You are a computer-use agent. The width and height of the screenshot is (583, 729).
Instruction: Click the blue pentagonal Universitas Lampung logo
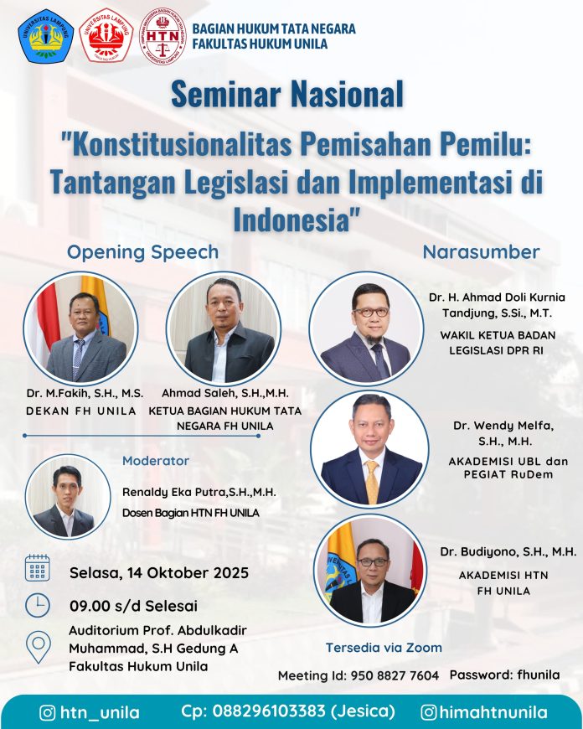(45, 36)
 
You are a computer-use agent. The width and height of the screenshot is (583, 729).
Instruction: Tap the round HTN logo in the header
(163, 36)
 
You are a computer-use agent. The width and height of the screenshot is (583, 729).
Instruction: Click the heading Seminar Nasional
(286, 94)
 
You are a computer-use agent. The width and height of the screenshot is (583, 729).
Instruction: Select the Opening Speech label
(142, 252)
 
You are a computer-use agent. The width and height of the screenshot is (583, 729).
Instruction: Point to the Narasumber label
(481, 252)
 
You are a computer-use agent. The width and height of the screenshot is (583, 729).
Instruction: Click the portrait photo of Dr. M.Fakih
(80, 328)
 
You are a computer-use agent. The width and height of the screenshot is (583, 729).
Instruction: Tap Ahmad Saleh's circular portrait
(223, 328)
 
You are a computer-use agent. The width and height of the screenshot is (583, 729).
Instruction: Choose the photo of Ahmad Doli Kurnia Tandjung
(366, 328)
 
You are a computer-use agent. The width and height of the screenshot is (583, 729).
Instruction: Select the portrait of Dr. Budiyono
(370, 570)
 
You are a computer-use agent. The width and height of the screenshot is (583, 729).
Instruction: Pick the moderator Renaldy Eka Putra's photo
(68, 497)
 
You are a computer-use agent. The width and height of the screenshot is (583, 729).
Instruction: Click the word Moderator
(156, 461)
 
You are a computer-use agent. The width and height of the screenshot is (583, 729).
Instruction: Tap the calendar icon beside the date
(37, 567)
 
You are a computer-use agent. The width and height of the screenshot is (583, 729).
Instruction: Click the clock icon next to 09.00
(37, 605)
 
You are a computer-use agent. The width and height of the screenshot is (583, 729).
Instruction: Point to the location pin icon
(39, 647)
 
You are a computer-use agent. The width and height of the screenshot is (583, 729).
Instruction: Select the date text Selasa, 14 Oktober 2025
(159, 573)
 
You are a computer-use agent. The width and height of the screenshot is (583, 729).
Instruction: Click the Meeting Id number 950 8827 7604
(395, 675)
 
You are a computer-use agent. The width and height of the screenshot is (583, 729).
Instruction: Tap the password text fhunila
(533, 675)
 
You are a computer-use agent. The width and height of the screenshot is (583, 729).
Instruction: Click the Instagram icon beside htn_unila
(48, 713)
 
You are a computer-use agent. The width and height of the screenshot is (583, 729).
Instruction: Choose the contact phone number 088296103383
(269, 711)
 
